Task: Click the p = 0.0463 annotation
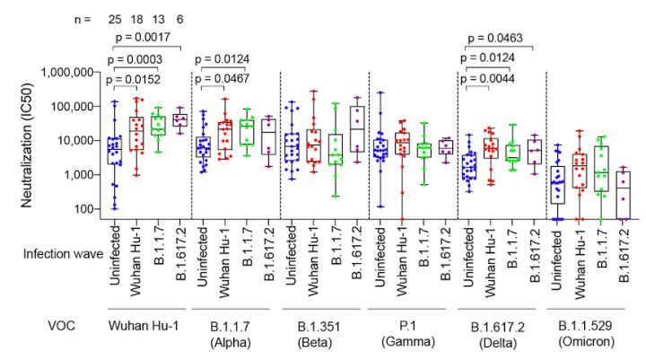pyautogui.click(x=499, y=38)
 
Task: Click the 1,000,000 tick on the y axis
pyautogui.click(x=68, y=72)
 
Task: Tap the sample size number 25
pyautogui.click(x=114, y=17)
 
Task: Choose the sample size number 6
pyautogui.click(x=180, y=17)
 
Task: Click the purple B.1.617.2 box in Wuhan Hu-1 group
pyautogui.click(x=180, y=119)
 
